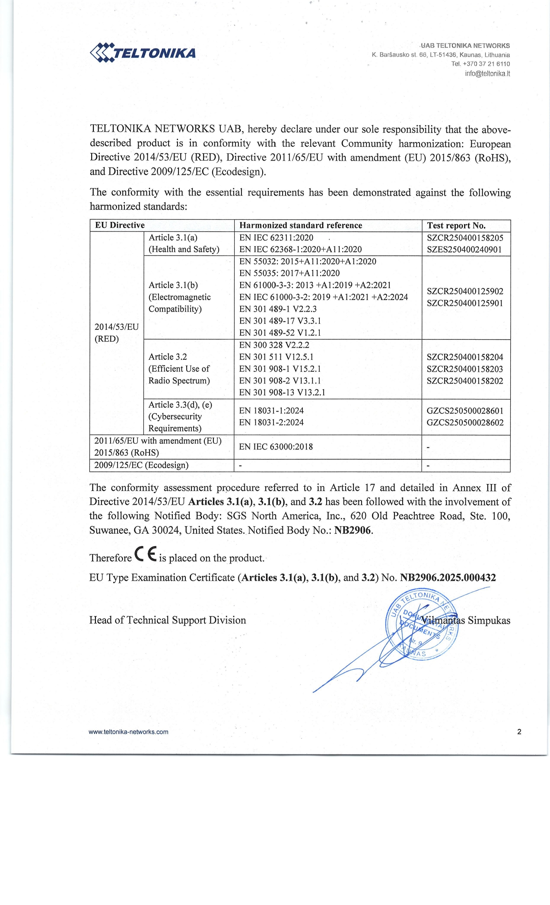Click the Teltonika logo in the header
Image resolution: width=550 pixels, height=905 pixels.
tap(143, 53)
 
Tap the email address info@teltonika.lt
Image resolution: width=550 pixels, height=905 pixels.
tap(487, 73)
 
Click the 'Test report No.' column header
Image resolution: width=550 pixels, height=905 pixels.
tap(456, 225)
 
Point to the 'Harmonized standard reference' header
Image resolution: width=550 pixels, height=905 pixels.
tap(300, 225)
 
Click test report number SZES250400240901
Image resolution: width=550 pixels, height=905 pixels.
tap(464, 249)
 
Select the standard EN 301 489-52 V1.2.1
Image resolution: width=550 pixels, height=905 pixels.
tap(280, 332)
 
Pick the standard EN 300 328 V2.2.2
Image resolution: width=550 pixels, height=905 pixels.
tap(274, 345)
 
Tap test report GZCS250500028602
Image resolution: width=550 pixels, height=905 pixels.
tap(465, 422)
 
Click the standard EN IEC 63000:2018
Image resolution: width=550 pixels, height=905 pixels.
tap(276, 446)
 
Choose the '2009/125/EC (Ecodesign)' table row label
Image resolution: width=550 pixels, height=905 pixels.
tap(141, 465)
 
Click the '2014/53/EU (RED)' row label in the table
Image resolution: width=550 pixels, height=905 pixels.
tap(116, 332)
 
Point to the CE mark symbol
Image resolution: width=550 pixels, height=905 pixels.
tap(145, 554)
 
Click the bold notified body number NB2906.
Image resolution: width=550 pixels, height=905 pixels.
tap(353, 530)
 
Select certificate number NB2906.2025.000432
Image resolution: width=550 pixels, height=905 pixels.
tap(448, 577)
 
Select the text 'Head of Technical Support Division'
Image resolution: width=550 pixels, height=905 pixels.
tap(167, 620)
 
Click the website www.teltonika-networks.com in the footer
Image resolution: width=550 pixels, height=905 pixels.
tap(128, 731)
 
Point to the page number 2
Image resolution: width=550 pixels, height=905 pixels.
tap(519, 731)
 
